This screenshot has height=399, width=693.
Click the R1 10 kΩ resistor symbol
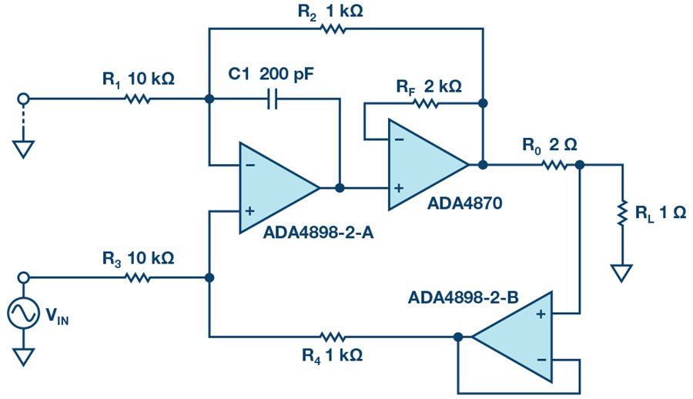pos(138,99)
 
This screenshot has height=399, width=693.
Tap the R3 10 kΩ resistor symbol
pos(138,277)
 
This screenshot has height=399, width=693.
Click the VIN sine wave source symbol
pos(23,313)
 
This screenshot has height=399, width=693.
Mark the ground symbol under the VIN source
pos(23,357)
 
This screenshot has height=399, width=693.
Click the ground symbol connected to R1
pos(23,149)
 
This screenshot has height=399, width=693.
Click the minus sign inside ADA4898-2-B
pos(541,359)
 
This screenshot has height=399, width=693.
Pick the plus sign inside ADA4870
pos(400,187)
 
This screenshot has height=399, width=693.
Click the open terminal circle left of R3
pos(23,277)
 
